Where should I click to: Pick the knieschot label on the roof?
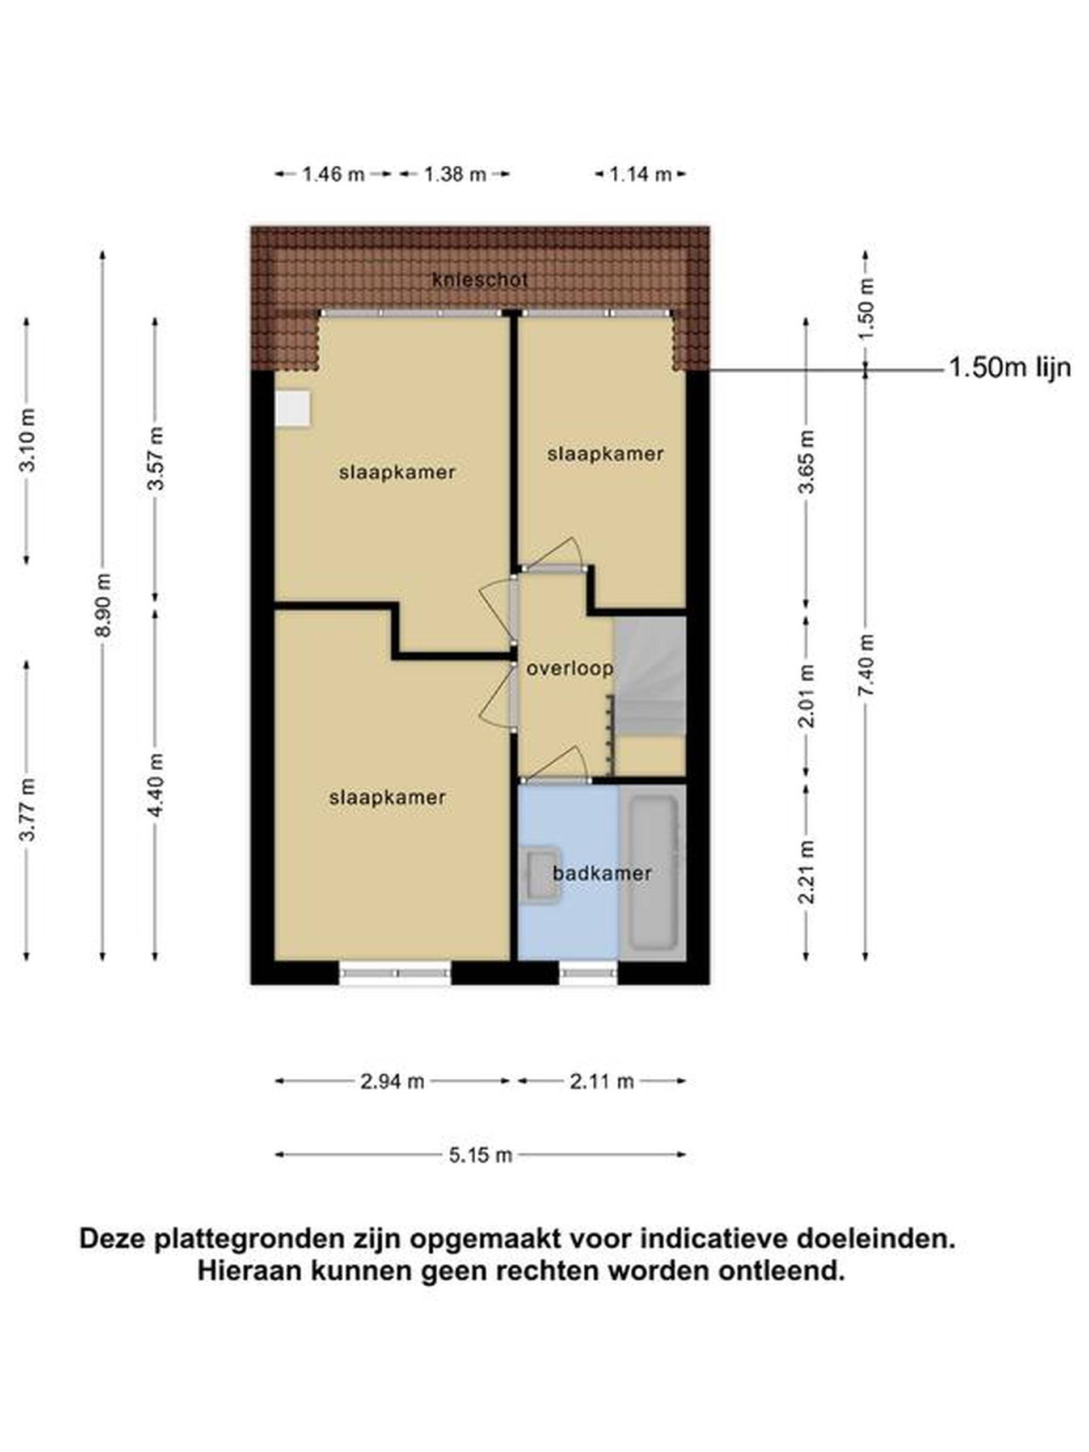480,280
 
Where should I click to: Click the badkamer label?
602,873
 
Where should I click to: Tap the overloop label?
570,668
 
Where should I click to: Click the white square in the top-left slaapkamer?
293,409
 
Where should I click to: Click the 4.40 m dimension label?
155,784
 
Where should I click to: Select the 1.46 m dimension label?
333,174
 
